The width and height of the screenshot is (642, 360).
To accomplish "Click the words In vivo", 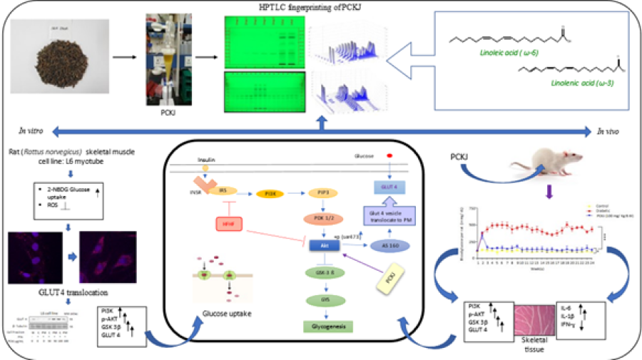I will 611,131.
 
